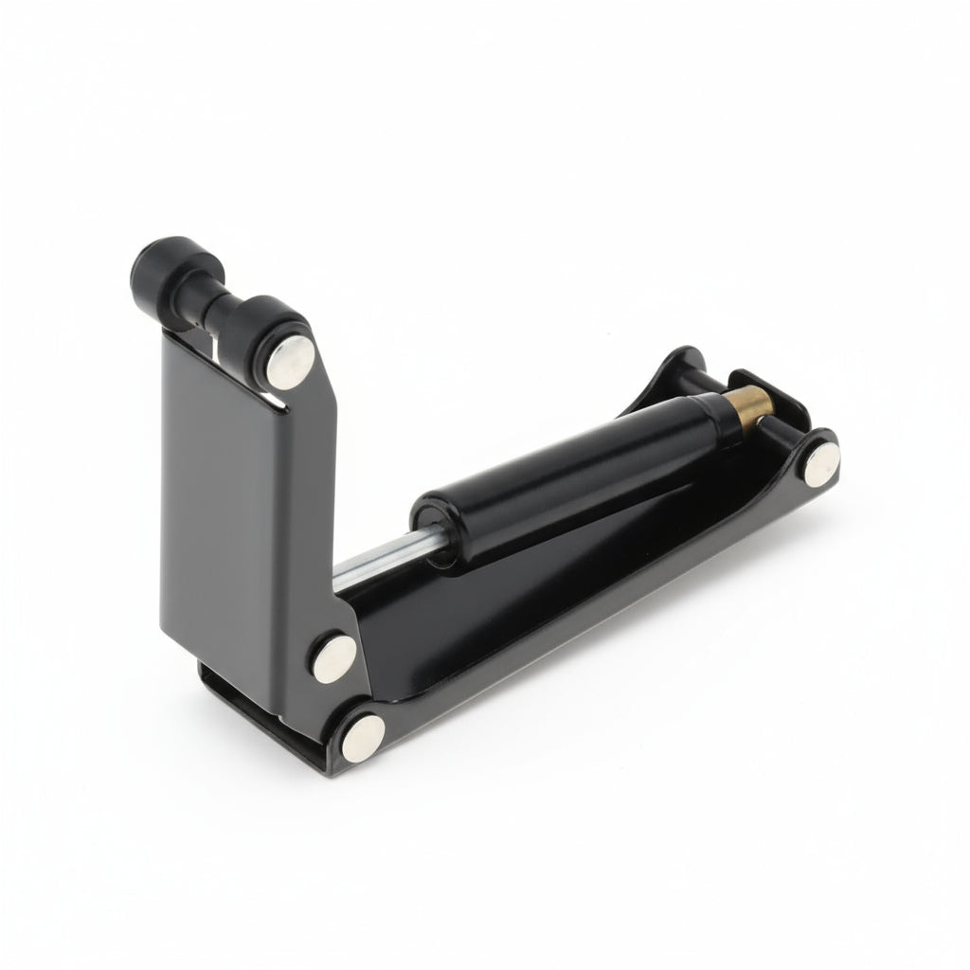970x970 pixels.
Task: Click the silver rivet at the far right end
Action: pyautogui.click(x=821, y=464)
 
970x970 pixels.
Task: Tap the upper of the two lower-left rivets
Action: pyautogui.click(x=334, y=656)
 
